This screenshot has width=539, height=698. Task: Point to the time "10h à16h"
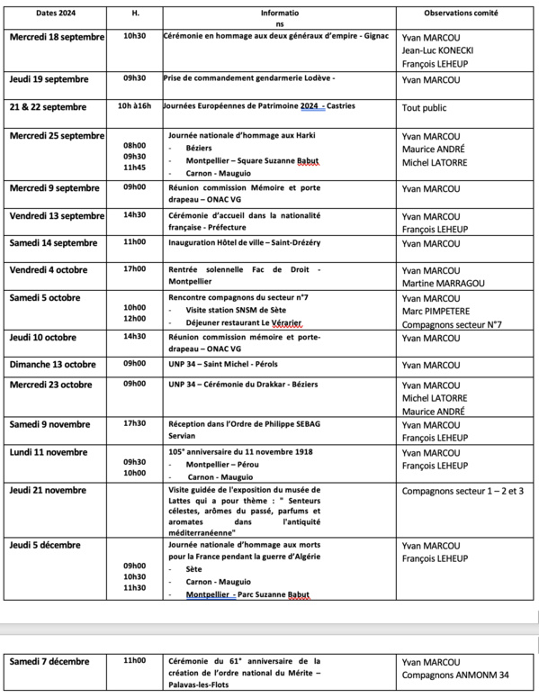pos(135,106)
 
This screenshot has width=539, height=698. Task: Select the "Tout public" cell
pos(426,107)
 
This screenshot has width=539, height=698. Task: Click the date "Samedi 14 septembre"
pos(55,243)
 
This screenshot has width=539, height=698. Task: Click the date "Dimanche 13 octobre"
pos(54,363)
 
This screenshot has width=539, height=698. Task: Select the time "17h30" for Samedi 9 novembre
pos(135,423)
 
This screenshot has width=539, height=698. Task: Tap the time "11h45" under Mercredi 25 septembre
pos(135,168)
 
